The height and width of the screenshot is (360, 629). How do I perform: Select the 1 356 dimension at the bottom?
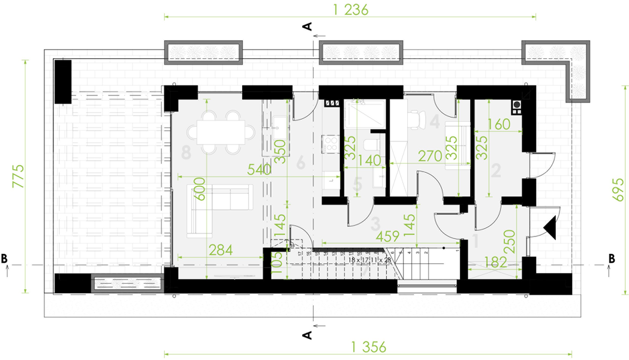point(368,347)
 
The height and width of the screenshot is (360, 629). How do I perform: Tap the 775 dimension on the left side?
point(19,177)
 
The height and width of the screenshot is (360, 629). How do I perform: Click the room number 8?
point(186,152)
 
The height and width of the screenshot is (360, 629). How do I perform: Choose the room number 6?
point(300,162)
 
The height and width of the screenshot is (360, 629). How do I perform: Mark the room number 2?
point(496,171)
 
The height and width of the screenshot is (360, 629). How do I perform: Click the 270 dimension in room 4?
point(431,156)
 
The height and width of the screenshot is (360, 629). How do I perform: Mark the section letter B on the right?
point(612,259)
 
